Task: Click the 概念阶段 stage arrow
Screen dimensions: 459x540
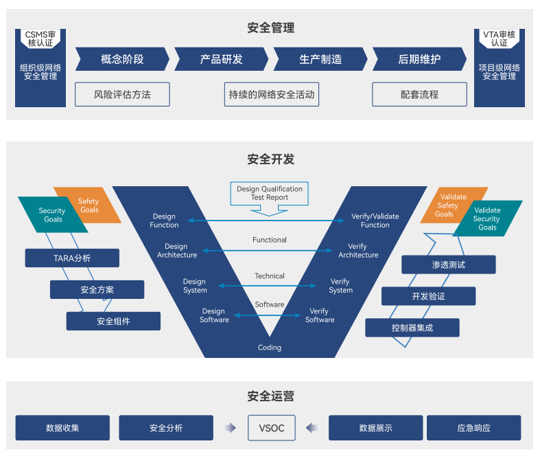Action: click(x=122, y=59)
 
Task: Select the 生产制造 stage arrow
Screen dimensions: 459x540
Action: click(x=320, y=59)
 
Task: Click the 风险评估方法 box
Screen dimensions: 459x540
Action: click(x=122, y=95)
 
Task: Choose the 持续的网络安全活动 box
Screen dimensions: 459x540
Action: click(x=272, y=95)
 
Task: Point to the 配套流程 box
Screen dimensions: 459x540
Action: click(x=419, y=95)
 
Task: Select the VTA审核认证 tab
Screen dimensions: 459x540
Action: click(x=499, y=38)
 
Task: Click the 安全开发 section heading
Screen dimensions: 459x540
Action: click(x=270, y=159)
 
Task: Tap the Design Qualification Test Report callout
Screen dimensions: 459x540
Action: click(x=270, y=193)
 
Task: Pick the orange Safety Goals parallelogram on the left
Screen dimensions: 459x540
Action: click(x=89, y=205)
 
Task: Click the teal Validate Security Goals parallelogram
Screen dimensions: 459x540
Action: click(x=486, y=219)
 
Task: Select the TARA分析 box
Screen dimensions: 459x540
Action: click(x=72, y=258)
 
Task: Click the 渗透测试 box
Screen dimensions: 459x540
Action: click(x=448, y=265)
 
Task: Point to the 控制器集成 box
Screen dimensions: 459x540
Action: click(x=412, y=328)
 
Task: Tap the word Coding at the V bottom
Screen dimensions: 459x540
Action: click(x=270, y=348)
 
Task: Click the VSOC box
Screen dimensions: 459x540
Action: click(x=271, y=428)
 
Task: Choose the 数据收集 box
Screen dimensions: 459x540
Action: click(x=62, y=428)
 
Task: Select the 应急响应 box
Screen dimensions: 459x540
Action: click(x=473, y=428)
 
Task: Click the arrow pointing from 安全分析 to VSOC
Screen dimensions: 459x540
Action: click(x=230, y=428)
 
